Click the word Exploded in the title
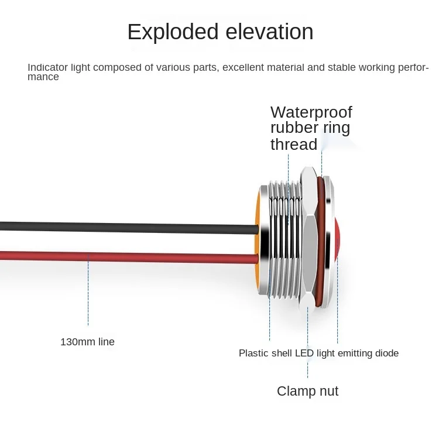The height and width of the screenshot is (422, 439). point(173,32)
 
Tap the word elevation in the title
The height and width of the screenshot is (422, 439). point(269,32)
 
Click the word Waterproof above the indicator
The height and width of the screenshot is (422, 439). point(311,113)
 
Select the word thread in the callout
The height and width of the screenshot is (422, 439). point(294,144)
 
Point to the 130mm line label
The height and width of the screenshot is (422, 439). point(87,342)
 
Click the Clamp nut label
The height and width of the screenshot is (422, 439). point(308,391)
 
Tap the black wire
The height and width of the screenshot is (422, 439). point(129,227)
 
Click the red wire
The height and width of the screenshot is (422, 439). point(129,257)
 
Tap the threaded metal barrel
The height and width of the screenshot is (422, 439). point(284,239)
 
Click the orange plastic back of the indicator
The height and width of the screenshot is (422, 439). point(256,240)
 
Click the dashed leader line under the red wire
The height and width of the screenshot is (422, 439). point(88,289)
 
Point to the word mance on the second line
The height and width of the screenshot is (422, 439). point(43,77)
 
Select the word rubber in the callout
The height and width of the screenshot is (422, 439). point(295,128)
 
